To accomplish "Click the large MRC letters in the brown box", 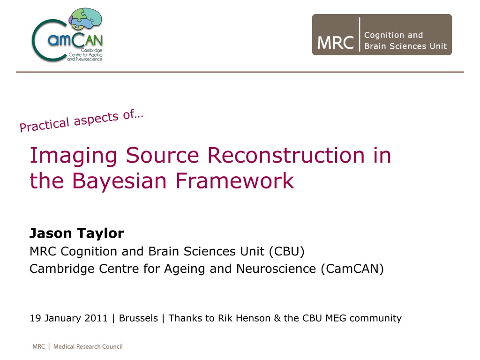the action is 335,43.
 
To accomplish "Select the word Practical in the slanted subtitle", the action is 45,125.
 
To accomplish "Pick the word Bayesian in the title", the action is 120,181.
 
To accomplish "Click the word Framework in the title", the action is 235,180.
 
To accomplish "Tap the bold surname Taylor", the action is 100,234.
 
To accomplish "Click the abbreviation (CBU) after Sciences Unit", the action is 287,251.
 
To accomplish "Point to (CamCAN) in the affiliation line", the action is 352,269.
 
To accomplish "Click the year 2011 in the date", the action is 96,318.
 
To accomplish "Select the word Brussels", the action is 138,318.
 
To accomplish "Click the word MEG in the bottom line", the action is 336,318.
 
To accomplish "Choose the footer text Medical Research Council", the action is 88,346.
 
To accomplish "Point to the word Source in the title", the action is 163,155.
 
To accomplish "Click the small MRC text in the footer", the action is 38,346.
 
